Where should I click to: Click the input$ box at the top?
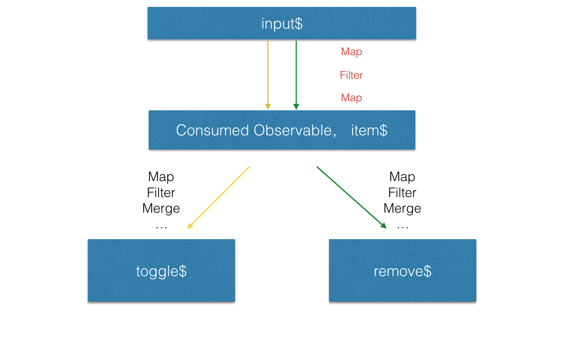282,23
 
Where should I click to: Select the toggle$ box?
161,271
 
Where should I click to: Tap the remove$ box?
402,271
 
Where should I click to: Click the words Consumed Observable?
256,130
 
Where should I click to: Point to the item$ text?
369,130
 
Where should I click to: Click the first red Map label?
351,52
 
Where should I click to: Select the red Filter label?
351,75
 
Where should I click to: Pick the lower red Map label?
351,98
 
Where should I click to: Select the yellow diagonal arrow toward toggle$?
219,197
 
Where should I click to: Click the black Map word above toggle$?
161,177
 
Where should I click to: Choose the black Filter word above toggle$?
161,193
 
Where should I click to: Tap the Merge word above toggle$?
161,208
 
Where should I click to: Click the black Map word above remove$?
402,177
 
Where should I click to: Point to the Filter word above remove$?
402,193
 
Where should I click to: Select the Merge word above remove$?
402,208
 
